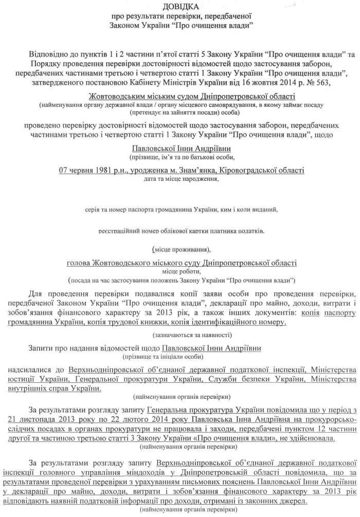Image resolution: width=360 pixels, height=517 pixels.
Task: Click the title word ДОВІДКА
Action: point(180,7)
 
